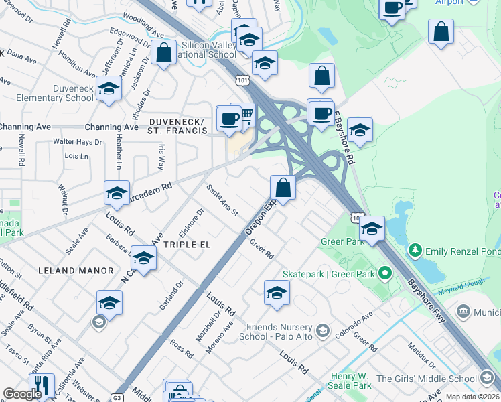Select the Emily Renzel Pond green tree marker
pyautogui.click(x=415, y=251)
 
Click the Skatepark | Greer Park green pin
pyautogui.click(x=384, y=273)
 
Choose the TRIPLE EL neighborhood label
pyautogui.click(x=187, y=245)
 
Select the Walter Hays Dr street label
pyautogui.click(x=78, y=142)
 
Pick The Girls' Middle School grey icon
pyautogui.click(x=488, y=379)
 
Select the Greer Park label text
pyautogui.click(x=342, y=241)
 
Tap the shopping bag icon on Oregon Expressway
pyautogui.click(x=283, y=188)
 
